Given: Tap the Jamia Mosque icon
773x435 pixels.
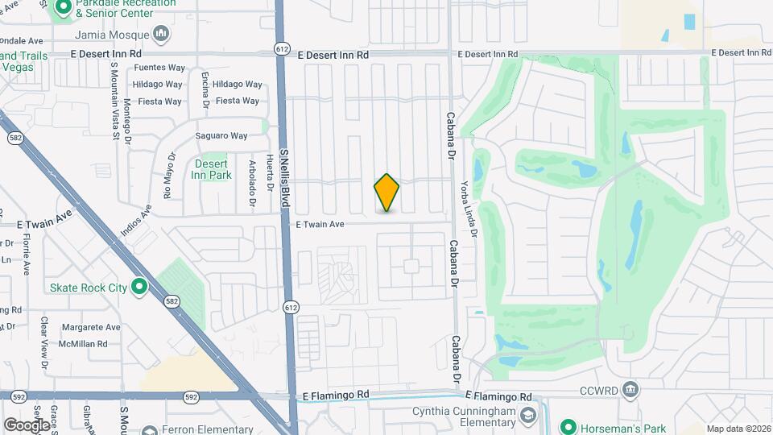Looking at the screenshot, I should [162, 35].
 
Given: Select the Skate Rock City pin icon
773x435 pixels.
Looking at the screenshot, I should [139, 287].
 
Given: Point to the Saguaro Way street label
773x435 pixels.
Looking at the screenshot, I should [221, 136].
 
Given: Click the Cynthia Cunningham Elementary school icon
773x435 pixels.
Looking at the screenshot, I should [528, 416].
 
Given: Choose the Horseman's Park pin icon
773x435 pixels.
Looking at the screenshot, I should [568, 426].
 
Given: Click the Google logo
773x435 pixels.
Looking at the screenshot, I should [26, 425].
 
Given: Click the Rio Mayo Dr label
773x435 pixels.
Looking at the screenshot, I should [169, 176].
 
